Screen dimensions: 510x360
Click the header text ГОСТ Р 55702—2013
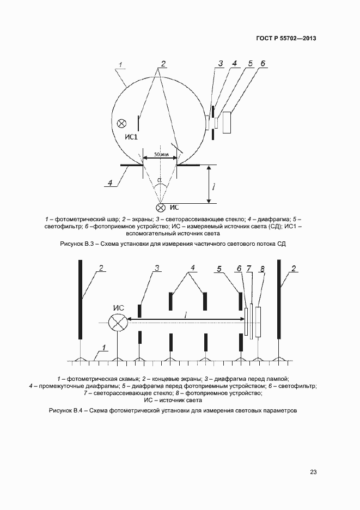point(286,39)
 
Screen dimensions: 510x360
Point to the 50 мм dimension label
point(161,155)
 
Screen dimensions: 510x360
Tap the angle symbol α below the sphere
point(160,180)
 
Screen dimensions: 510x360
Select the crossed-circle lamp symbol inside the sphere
point(121,123)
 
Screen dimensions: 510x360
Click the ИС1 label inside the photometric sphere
point(131,137)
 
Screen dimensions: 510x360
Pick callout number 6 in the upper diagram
point(263,64)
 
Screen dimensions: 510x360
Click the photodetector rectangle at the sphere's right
point(226,123)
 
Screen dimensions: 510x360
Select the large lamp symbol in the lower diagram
point(117,323)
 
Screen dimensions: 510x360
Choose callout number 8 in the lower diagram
point(263,269)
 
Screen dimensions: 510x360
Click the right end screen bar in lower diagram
point(279,299)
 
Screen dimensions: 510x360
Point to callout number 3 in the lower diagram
point(157,268)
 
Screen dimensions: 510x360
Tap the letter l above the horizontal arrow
point(186,314)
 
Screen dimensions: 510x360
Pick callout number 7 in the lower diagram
point(249,269)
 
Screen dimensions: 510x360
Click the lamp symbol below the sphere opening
point(160,207)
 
